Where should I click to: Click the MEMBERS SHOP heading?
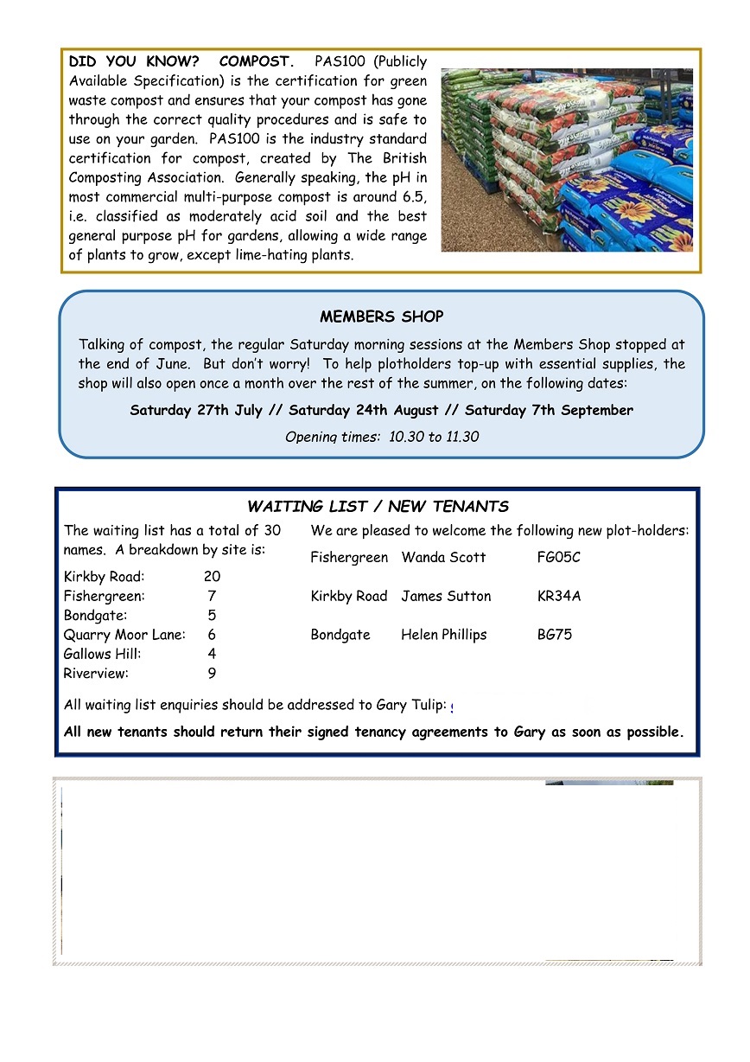tap(382, 317)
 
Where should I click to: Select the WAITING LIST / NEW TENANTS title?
tap(378, 507)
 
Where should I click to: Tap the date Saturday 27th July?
tap(203, 410)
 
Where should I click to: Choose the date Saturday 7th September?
tap(549, 410)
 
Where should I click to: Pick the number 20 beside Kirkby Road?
tap(212, 577)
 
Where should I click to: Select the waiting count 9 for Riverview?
tap(212, 674)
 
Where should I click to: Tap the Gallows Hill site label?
tap(103, 655)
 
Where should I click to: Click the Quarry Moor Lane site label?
tap(124, 635)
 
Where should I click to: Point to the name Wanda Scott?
tap(443, 558)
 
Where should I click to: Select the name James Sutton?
tap(446, 596)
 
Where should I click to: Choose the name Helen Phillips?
tap(443, 635)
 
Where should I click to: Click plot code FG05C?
tap(558, 558)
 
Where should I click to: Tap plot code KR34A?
tap(559, 596)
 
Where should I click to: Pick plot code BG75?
tap(554, 635)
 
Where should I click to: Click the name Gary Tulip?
tap(415, 706)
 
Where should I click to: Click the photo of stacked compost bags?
tap(567, 161)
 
